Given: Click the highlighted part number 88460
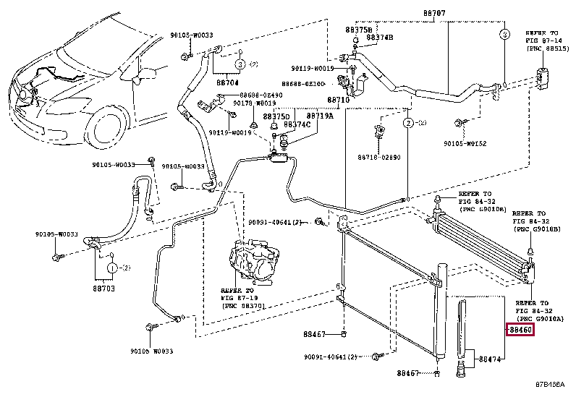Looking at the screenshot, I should pos(520,330).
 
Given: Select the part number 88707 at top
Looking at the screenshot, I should pos(440,14).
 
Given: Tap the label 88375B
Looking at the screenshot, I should pos(358,29).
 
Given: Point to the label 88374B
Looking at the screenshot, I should pos(379,38).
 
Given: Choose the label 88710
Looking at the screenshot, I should pos(338,100).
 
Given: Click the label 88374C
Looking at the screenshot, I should pos(297,124).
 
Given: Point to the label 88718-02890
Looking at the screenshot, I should pos(378,157).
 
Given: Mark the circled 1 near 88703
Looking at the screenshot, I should pos(113,268).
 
